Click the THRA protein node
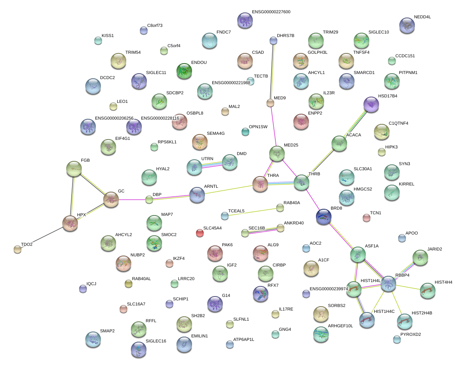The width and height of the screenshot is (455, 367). coord(260,184)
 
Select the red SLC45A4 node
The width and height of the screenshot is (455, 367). coord(200,233)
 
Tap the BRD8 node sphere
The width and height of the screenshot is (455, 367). coord(324,216)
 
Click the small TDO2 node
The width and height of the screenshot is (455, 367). coord(17,249)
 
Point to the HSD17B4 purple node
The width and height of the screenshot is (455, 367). coord(371,104)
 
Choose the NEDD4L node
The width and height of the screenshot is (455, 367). coord(407,25)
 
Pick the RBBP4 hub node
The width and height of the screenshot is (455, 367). coord(388,284)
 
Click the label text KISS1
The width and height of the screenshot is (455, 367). coord(108,35)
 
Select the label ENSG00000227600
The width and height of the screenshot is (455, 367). coord(271,12)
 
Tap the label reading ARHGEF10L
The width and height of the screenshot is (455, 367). coord(340,326)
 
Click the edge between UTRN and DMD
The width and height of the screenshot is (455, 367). coord(212,164)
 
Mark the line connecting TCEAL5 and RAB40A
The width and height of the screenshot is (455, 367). coord(252,212)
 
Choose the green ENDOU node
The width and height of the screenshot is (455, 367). coord(184,71)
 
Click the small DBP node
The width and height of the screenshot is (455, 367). coord(149,199)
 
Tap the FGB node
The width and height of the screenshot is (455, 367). coord(74,168)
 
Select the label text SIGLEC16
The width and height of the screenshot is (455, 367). coord(156,341)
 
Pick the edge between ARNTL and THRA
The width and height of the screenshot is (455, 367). coord(228,190)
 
